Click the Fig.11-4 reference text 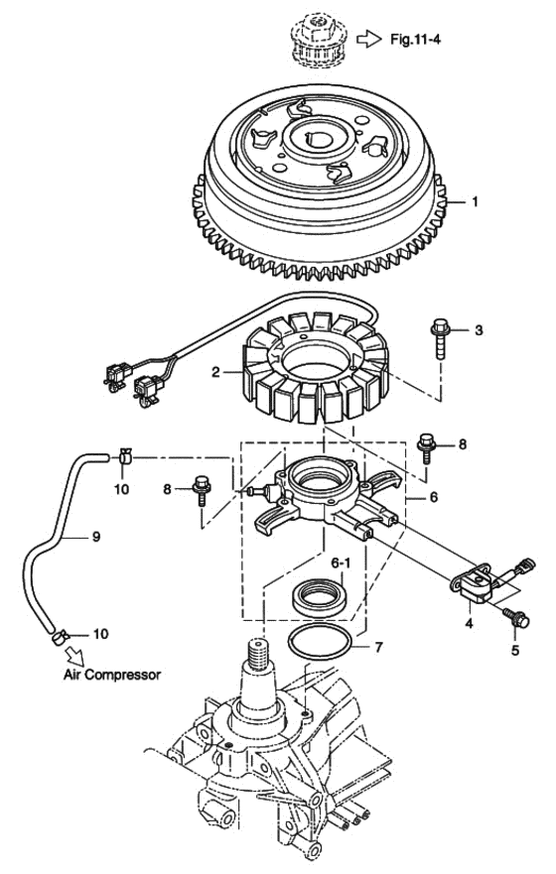click(x=415, y=39)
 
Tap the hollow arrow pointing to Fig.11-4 click(x=368, y=39)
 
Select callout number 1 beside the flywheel click(x=476, y=201)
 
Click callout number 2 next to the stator click(x=216, y=372)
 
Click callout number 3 click(x=479, y=330)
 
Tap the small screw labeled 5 click(x=517, y=618)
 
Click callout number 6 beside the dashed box click(x=433, y=496)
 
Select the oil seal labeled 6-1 click(x=319, y=597)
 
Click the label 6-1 click(x=341, y=563)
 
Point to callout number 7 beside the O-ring click(x=378, y=647)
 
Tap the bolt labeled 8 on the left click(x=202, y=490)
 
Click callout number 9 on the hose click(x=96, y=537)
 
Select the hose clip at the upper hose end click(x=125, y=456)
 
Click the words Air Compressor click(x=112, y=675)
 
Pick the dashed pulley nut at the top click(x=316, y=39)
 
